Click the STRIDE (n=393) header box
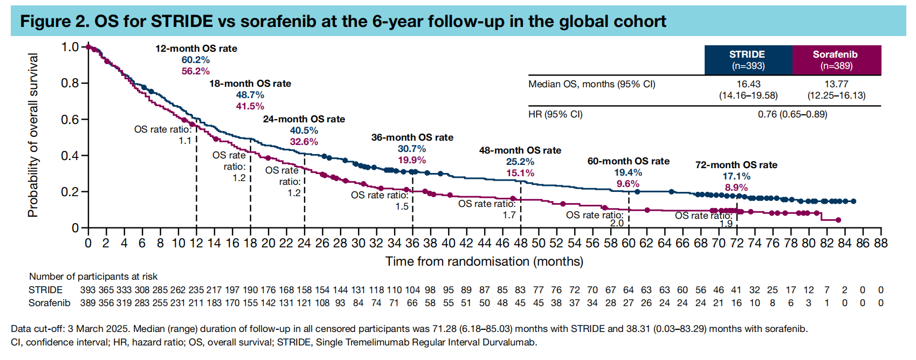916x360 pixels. tap(747, 60)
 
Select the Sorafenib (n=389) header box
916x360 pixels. tap(836, 60)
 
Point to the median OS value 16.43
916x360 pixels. tap(748, 84)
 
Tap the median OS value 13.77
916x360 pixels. tap(836, 84)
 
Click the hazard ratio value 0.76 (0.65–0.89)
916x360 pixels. tap(792, 114)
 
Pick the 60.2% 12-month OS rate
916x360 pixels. tap(196, 60)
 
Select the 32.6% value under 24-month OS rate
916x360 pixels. tap(304, 142)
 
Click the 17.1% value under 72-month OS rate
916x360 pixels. tap(736, 176)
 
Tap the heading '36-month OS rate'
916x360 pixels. tap(412, 137)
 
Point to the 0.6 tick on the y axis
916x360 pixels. tap(70, 120)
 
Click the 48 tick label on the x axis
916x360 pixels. tap(520, 243)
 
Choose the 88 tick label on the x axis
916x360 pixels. tap(880, 243)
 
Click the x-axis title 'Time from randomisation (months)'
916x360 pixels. tap(484, 261)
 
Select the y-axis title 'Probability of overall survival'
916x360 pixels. tap(33, 135)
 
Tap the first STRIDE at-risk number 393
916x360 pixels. tap(88, 290)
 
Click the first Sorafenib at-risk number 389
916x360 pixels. tap(88, 303)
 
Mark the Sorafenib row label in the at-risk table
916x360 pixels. tap(49, 303)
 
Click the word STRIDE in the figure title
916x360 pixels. tap(182, 22)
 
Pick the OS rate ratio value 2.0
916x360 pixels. tap(617, 223)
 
